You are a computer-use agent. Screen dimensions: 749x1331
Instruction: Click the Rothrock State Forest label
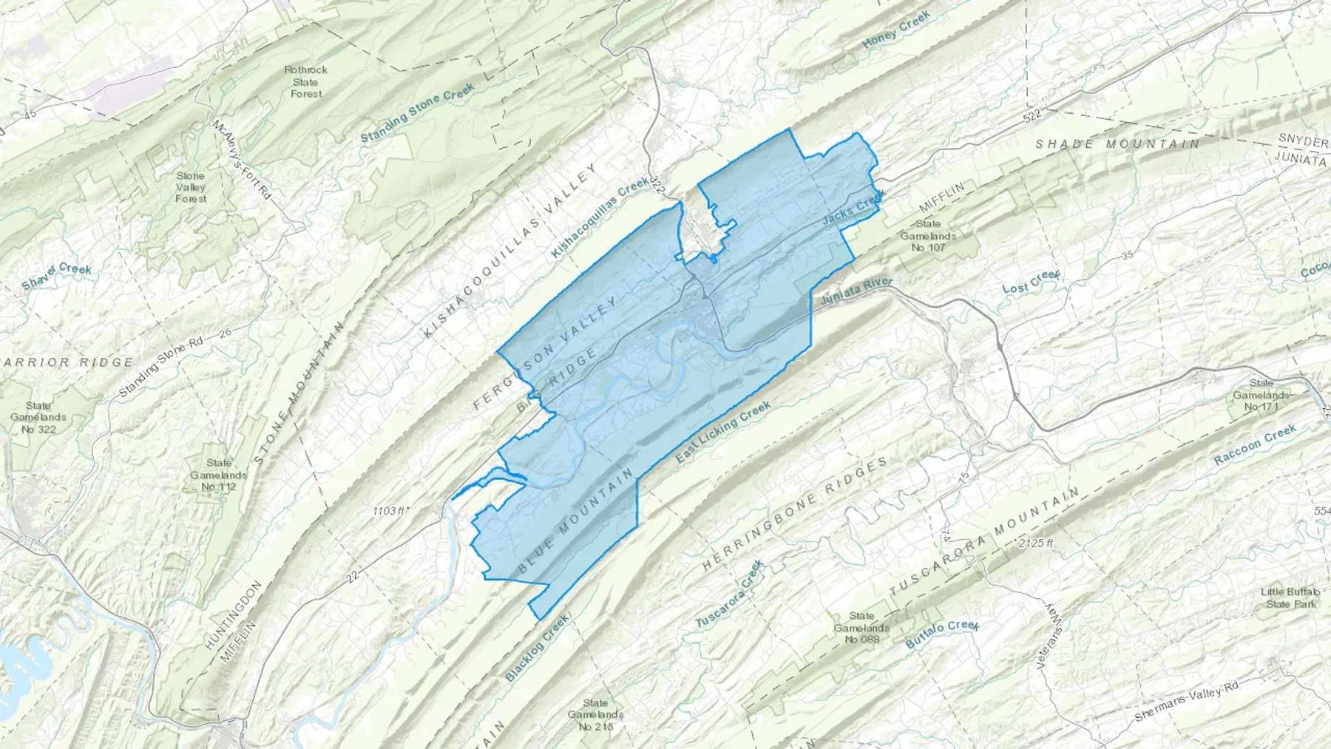coord(305,81)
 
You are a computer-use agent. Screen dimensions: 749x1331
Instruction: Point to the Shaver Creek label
coord(57,275)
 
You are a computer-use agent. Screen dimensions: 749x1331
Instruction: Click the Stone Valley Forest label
coord(190,187)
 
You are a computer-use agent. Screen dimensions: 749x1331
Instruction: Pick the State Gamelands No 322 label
coord(38,417)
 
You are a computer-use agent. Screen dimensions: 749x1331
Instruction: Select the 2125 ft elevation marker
coord(1035,543)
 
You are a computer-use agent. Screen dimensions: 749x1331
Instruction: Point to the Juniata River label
coord(857,292)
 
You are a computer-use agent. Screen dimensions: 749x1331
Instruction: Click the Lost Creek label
coord(1032,282)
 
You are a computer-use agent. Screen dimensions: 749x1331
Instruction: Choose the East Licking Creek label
coord(724,433)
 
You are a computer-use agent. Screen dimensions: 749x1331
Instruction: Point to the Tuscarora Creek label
coord(728,595)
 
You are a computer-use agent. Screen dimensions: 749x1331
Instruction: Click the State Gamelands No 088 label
coord(861,627)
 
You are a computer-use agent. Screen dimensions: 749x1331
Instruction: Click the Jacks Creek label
coord(853,211)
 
